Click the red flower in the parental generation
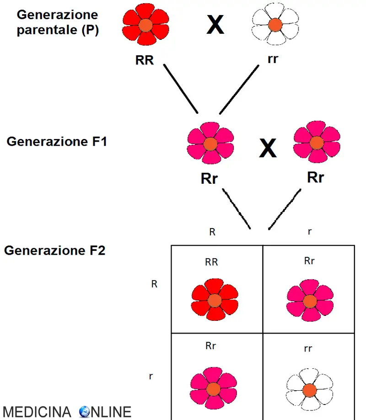point(145,25)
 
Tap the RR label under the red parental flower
point(145,60)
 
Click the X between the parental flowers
point(215,25)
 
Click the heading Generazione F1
point(57,142)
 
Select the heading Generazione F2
point(55,251)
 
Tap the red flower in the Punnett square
point(215,300)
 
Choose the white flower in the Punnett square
point(309,390)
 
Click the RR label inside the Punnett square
point(211,262)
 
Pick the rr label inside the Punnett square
point(308,349)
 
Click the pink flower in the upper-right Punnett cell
point(310,301)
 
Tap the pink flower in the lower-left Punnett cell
point(213,389)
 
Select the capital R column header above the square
point(212,232)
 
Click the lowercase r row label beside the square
point(151,376)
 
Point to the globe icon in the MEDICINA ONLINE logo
point(85,412)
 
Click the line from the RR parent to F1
point(180,89)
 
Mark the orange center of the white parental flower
point(274,24)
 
